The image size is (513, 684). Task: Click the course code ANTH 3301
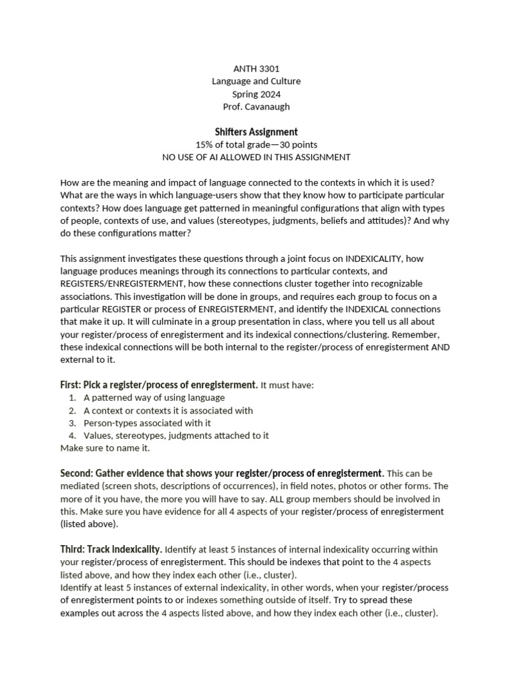pyautogui.click(x=256, y=68)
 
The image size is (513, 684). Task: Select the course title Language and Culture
pyautogui.click(x=256, y=81)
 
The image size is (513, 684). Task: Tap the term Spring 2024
pyautogui.click(x=256, y=94)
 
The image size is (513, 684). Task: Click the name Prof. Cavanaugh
pyautogui.click(x=256, y=107)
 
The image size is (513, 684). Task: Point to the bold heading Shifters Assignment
pyautogui.click(x=256, y=132)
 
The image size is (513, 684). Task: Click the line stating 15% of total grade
pyautogui.click(x=256, y=144)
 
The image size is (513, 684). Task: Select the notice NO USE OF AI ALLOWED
pyautogui.click(x=256, y=158)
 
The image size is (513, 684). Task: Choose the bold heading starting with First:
pyautogui.click(x=158, y=385)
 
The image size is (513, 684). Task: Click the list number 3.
pyautogui.click(x=71, y=423)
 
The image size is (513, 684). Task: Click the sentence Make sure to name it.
pyautogui.click(x=105, y=448)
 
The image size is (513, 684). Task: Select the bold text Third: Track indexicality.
pyautogui.click(x=111, y=549)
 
